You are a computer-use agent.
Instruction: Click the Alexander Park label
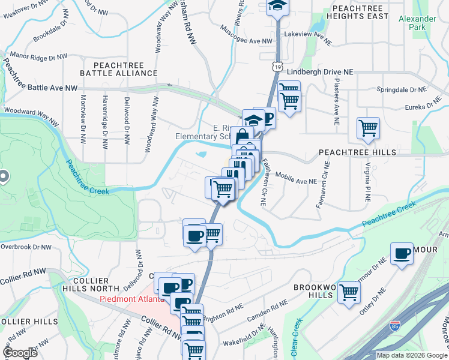point(417,23)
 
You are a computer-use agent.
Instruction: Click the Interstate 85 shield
point(394,326)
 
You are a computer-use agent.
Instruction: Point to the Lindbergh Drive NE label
point(320,71)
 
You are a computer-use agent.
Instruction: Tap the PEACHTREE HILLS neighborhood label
point(357,152)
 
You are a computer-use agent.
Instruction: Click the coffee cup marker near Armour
point(402,254)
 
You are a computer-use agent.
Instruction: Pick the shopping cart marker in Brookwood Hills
point(349,293)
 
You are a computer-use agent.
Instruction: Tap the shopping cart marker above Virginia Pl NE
point(367,128)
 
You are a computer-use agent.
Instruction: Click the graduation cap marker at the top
point(277,6)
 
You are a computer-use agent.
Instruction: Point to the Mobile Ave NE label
point(296,176)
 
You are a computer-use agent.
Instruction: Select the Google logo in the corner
point(20,352)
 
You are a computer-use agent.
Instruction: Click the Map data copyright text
point(412,355)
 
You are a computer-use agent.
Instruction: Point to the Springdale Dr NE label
point(400,89)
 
